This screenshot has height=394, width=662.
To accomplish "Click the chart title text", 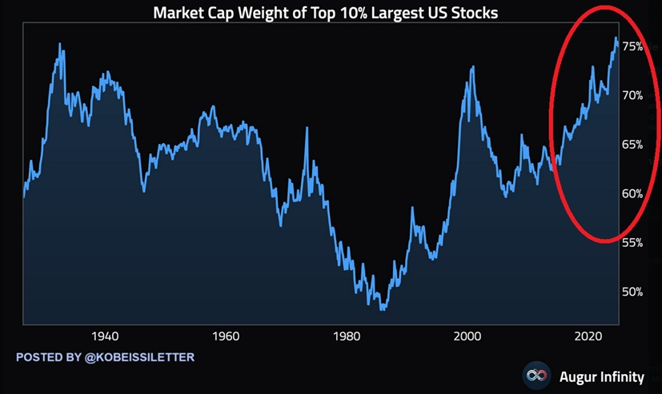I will click(x=330, y=12).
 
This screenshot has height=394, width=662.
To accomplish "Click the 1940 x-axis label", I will click(x=106, y=336).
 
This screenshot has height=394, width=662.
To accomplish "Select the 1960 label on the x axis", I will click(x=227, y=336).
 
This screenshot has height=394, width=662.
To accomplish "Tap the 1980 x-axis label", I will click(x=347, y=336).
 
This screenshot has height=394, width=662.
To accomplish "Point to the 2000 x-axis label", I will click(x=468, y=336).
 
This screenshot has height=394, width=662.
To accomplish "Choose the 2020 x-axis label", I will click(x=589, y=336).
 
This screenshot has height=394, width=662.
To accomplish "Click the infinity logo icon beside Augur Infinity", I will click(x=535, y=374).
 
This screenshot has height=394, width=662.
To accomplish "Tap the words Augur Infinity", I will click(x=600, y=374).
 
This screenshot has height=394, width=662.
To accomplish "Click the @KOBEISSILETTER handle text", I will click(x=138, y=356).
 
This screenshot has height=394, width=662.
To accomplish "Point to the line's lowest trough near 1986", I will click(x=383, y=308).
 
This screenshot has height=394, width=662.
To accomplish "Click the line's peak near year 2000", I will click(x=472, y=67).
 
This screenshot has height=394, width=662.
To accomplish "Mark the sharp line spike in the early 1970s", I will click(x=306, y=129).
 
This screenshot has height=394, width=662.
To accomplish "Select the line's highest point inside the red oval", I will click(x=616, y=38).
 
